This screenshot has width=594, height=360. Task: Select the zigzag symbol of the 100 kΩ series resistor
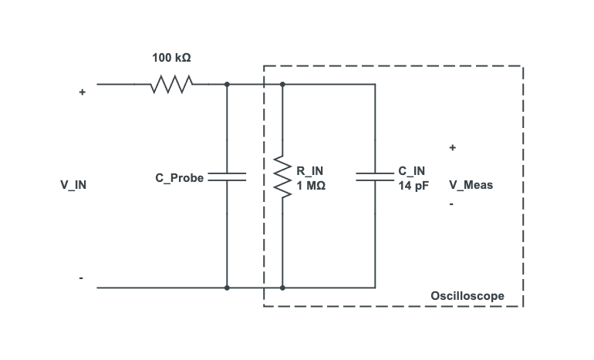coord(170,84)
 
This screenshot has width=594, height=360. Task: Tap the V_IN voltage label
coord(74,185)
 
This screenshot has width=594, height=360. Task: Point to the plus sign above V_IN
coord(82,92)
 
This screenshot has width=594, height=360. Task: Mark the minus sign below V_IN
coord(81,278)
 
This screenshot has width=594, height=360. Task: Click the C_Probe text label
coord(179,178)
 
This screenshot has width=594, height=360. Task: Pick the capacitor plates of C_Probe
coord(227,177)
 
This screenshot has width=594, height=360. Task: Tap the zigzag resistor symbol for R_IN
coord(283,177)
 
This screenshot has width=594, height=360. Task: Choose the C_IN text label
coord(411,170)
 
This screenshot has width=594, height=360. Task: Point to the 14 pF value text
coord(413,186)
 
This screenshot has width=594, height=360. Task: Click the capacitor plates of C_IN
coord(375,177)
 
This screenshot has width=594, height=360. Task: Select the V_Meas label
coord(471,185)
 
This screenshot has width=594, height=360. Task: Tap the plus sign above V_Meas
coord(452,147)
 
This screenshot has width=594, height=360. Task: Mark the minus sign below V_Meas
coord(451,205)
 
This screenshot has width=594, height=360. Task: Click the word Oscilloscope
coord(467,296)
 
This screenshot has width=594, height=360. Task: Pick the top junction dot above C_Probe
coord(227,84)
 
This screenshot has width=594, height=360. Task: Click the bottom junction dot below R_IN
coord(283,288)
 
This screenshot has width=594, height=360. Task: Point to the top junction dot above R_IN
coord(283,84)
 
